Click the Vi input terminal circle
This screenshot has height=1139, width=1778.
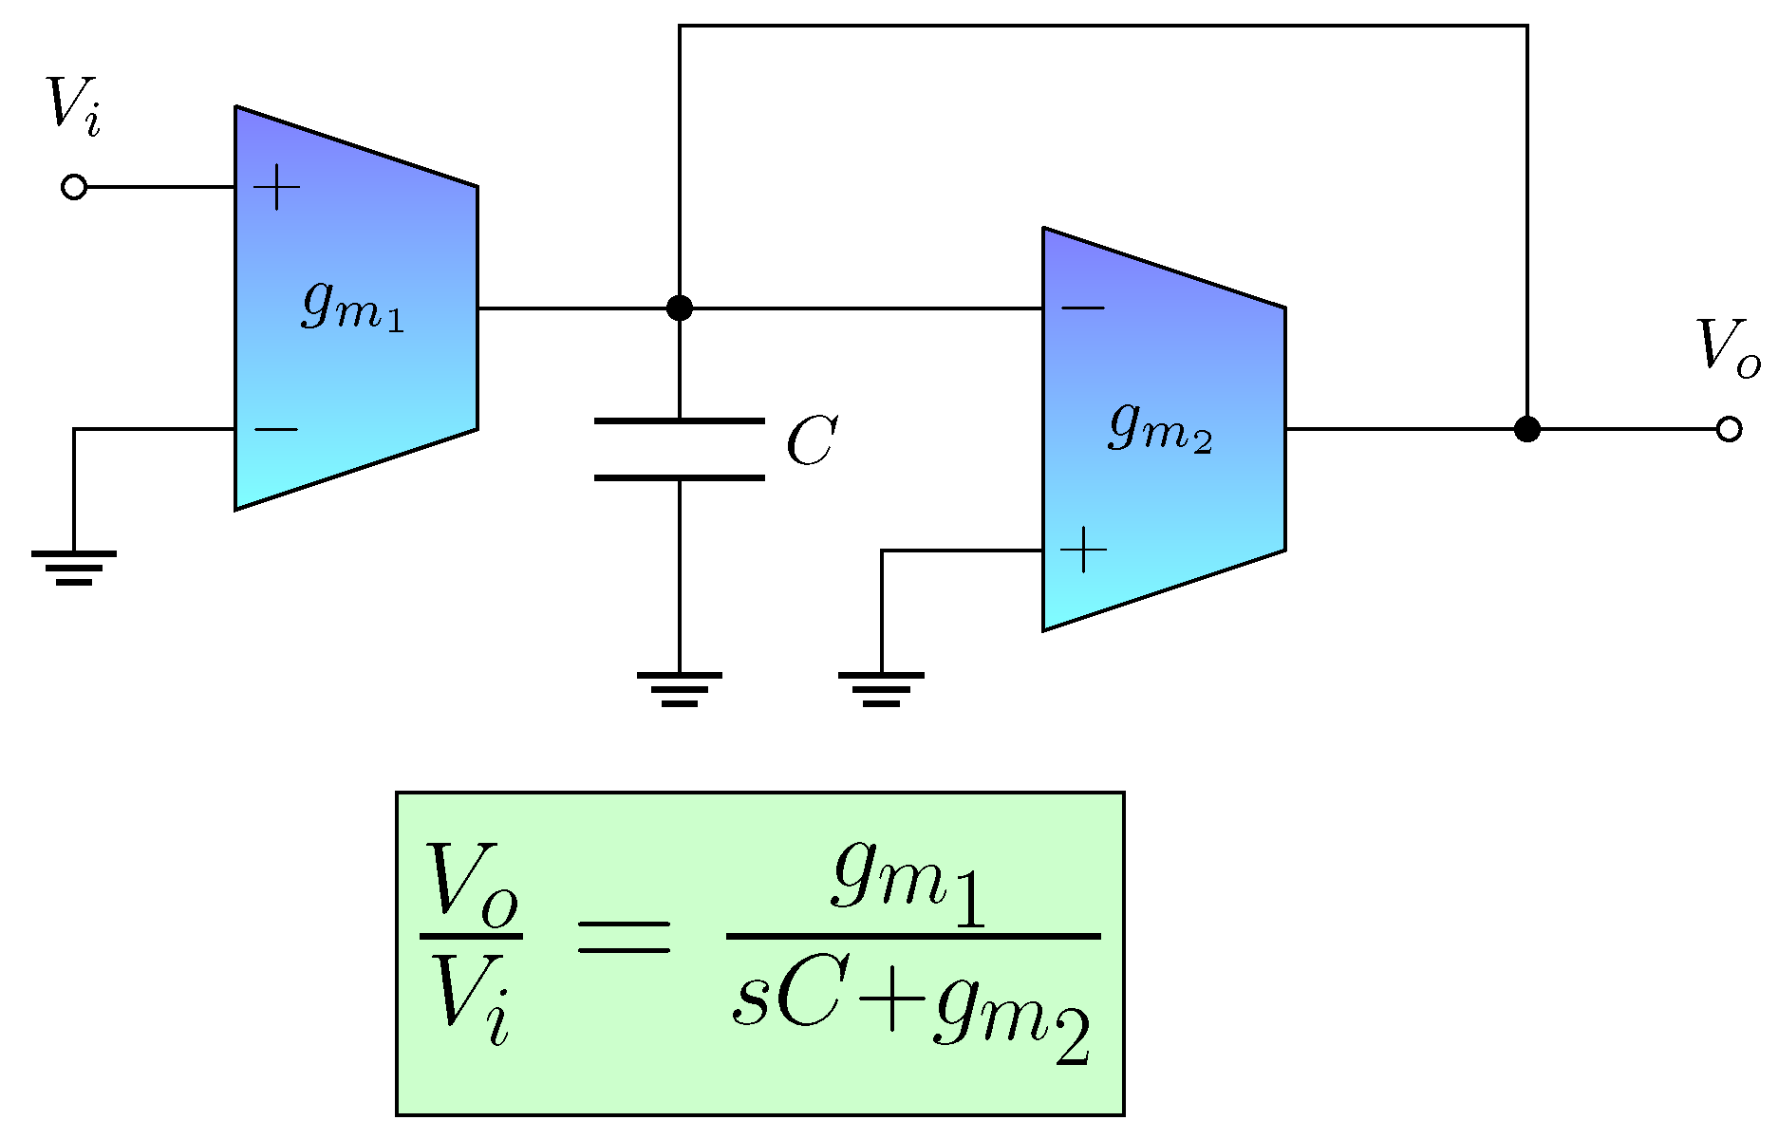click(x=74, y=187)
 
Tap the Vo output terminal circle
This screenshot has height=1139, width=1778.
click(x=1729, y=429)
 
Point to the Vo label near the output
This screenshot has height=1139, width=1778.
click(x=1726, y=347)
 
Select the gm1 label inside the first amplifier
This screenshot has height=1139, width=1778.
click(x=352, y=307)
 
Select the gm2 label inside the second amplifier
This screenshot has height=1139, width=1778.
click(x=1159, y=428)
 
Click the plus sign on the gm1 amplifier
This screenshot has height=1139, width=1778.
click(x=277, y=187)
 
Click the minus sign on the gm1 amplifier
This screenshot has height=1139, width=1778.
click(x=276, y=430)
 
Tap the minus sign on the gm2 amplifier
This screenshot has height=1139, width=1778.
click(x=1082, y=308)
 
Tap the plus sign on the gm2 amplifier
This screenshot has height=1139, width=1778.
click(x=1083, y=550)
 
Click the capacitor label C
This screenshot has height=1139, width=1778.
click(x=811, y=441)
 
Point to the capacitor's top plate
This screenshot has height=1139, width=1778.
click(x=680, y=420)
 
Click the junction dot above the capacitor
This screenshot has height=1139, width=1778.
click(x=680, y=308)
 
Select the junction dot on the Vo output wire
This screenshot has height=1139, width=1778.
click(x=1526, y=429)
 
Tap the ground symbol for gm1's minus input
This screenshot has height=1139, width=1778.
click(x=74, y=568)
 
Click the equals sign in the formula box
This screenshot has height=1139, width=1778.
click(x=624, y=937)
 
